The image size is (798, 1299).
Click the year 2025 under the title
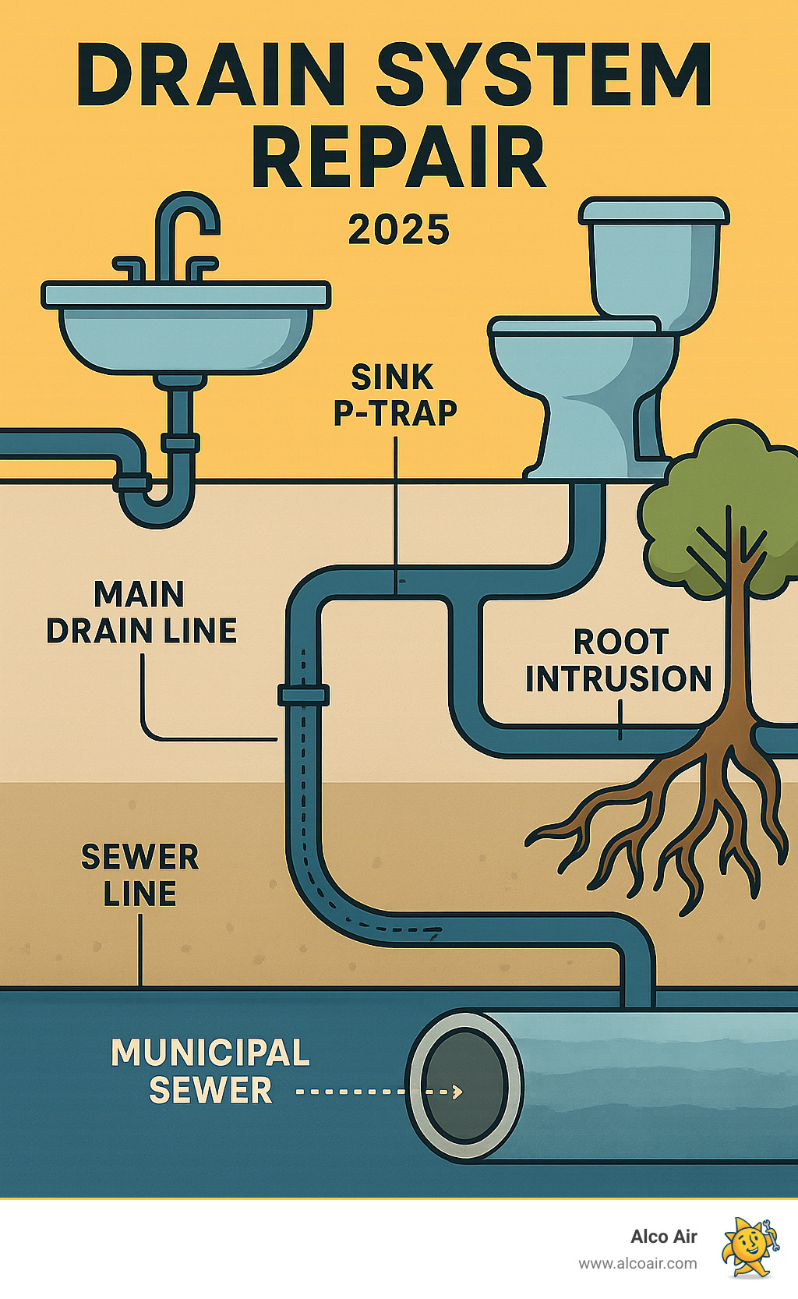[398, 230]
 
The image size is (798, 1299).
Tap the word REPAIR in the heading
[398, 160]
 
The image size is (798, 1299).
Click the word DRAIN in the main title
[210, 76]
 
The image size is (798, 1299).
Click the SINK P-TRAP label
[394, 395]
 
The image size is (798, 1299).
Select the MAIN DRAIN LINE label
[141, 613]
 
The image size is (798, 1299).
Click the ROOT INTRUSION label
[619, 661]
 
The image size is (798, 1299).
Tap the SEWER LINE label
[140, 876]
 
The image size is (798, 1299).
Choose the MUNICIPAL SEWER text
[210, 1071]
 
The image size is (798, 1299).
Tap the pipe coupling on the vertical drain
[303, 694]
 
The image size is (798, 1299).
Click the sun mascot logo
[749, 1248]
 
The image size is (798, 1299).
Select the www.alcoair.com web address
[637, 1264]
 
